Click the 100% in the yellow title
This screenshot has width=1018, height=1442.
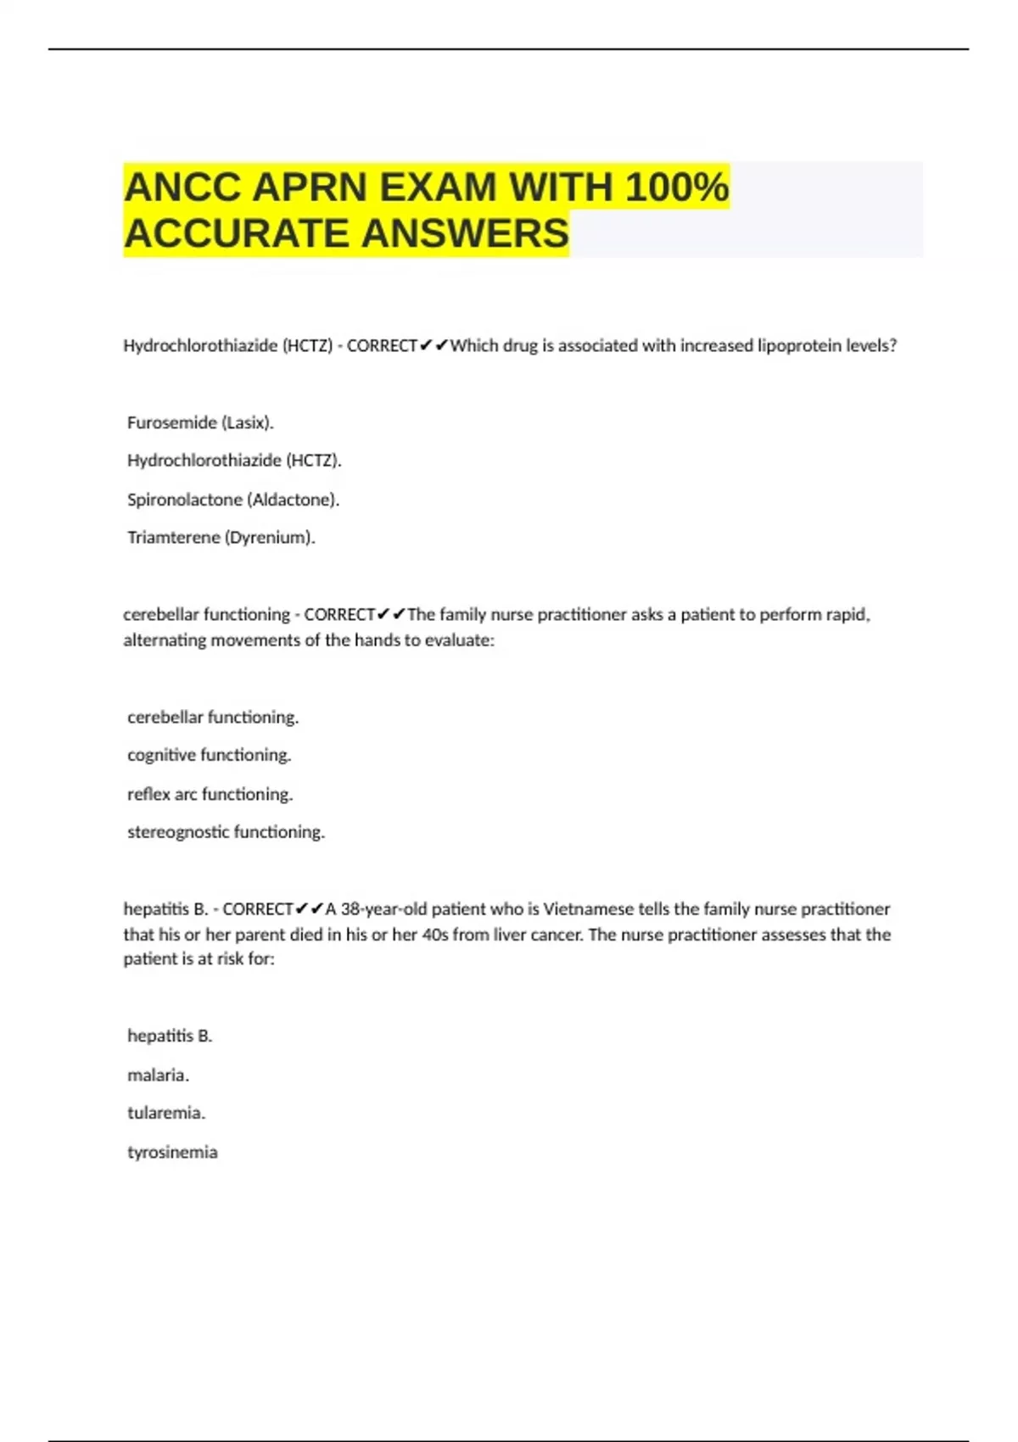click(676, 187)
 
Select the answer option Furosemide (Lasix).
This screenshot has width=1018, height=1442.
click(200, 422)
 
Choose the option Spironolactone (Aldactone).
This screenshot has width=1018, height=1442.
click(233, 500)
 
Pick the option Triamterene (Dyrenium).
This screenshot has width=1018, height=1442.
click(221, 538)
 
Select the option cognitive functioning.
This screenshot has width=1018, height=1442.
click(209, 755)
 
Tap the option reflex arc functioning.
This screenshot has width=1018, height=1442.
click(210, 795)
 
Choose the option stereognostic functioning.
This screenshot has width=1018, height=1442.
click(226, 832)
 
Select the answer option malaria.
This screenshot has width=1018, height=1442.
click(158, 1076)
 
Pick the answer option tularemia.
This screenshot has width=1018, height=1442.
click(166, 1113)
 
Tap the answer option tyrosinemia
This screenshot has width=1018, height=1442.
click(172, 1153)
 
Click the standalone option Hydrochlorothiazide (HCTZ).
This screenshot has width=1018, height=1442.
click(234, 461)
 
